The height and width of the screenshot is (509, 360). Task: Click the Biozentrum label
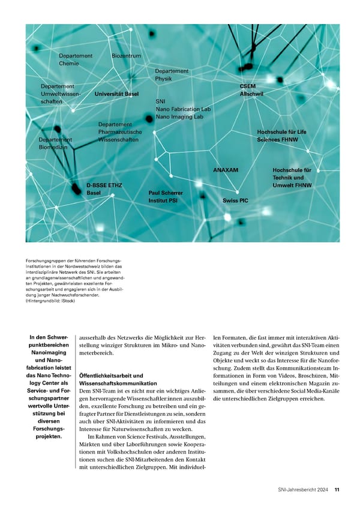click(x=127, y=56)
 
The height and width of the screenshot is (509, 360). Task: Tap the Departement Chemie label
click(x=76, y=59)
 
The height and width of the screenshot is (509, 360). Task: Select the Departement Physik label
click(x=172, y=74)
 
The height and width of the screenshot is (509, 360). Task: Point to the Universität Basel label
click(x=116, y=94)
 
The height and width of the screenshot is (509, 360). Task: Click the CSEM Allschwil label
click(x=251, y=90)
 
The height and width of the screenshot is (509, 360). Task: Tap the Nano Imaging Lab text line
click(x=179, y=117)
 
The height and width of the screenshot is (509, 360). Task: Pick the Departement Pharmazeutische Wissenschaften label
click(x=119, y=132)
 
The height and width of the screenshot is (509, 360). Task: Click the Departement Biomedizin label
click(x=55, y=143)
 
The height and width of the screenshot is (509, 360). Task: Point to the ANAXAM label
click(x=226, y=170)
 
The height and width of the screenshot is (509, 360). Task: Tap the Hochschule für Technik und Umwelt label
click(x=292, y=178)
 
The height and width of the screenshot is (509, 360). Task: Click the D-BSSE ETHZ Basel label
click(x=104, y=189)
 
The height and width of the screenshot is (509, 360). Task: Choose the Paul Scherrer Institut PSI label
click(x=165, y=196)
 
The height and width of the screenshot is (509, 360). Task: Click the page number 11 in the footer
click(x=337, y=490)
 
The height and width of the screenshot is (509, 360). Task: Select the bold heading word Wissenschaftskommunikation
click(x=118, y=383)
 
